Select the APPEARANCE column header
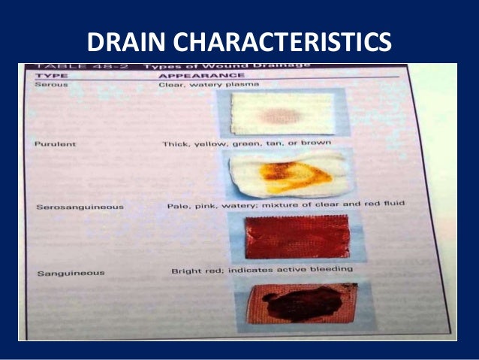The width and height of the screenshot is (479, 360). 200,75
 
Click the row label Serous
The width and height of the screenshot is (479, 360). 52,85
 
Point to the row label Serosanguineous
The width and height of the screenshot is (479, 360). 80,206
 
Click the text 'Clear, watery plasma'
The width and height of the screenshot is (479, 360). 208,85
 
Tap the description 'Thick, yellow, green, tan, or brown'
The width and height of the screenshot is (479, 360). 246,142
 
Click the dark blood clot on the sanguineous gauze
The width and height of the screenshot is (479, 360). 308,302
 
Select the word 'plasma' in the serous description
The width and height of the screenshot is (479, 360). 245,85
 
